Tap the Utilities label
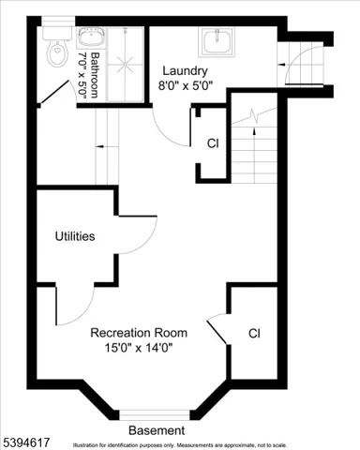coord(75,236)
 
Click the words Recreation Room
coord(139,333)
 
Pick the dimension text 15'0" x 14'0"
coord(139,348)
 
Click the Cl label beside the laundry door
coord(213,143)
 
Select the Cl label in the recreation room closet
coord(254,333)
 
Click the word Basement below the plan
coord(157,429)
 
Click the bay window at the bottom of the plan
coord(156,413)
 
